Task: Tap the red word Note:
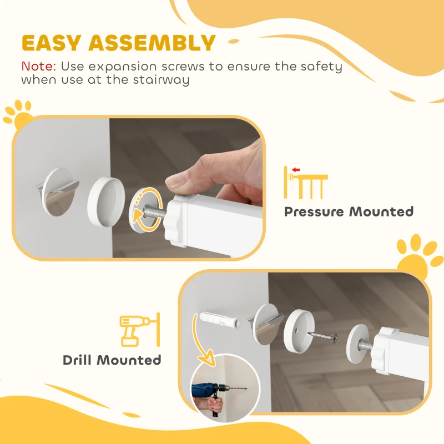[38, 67]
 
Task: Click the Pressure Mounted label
[349, 211]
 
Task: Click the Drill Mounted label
[112, 360]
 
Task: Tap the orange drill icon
[138, 330]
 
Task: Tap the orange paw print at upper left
[18, 113]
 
